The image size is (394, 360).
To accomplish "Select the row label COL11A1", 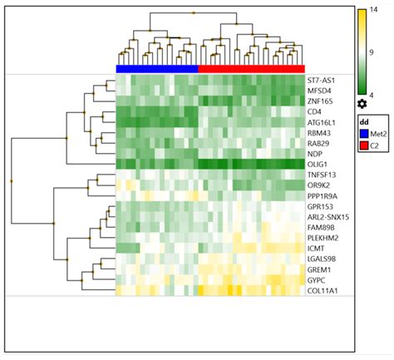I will (x=325, y=290).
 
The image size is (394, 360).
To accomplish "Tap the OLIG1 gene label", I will (x=321, y=164).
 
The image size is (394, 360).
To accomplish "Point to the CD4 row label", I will (x=316, y=111).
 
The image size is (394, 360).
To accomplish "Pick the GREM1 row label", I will (x=322, y=269).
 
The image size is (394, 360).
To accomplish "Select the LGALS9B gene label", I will (x=325, y=259).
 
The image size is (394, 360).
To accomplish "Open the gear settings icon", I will (x=362, y=104).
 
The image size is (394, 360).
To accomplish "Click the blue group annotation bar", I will (x=156, y=68).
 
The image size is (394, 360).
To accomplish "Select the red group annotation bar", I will (x=251, y=68).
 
